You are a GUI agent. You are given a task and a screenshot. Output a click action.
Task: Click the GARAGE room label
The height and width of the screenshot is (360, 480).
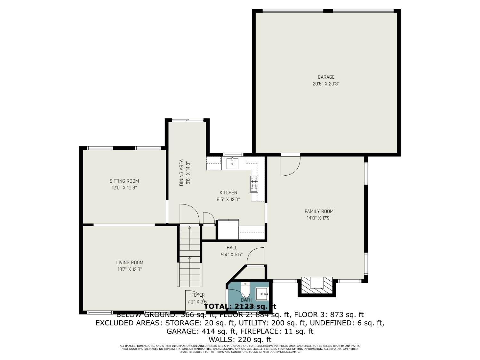pos(326,77)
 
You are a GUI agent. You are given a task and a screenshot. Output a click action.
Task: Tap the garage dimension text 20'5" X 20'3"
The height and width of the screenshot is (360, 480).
pos(326,84)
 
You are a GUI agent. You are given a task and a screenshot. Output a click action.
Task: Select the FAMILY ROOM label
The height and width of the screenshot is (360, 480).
pos(319,211)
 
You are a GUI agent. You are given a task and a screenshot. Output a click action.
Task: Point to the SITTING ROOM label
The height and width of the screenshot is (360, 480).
pos(124,181)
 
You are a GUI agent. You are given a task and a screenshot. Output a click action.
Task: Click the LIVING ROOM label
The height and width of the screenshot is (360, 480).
pos(130,262)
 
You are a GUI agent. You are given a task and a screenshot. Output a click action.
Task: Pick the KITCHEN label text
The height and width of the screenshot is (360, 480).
pos(228,193)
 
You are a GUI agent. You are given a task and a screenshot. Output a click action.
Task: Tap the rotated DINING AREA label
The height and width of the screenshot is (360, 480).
pos(181,172)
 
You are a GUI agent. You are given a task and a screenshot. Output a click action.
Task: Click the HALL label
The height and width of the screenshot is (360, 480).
pos(232,248)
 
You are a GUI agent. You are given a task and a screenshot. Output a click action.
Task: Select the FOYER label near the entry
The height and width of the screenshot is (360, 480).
pos(198,295)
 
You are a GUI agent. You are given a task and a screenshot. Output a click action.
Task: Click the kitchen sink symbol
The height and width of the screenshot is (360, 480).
pos(232,163)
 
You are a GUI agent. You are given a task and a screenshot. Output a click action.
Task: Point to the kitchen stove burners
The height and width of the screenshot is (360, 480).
pos(254,184)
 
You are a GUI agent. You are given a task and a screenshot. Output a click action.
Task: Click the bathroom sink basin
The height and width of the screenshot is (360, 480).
pos(262,293)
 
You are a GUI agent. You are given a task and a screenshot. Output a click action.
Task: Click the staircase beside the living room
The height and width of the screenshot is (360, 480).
pos(190,256)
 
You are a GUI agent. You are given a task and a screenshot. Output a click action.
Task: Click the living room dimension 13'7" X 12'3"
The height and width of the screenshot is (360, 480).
pos(130,269)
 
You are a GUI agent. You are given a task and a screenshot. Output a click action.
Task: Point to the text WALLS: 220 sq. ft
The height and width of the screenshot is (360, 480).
pos(240,340)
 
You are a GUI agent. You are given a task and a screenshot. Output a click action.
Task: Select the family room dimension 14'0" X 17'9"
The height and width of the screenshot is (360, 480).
pos(319,218)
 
